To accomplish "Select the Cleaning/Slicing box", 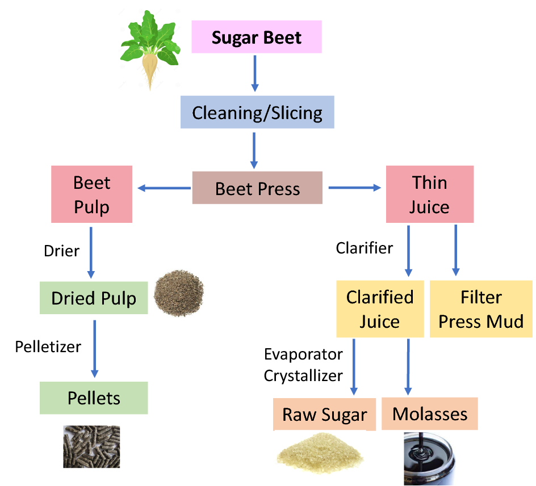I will pyautogui.click(x=257, y=112).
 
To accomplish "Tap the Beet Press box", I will pyautogui.click(x=257, y=188).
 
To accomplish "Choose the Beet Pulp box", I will pyautogui.click(x=91, y=194).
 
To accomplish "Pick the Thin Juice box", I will pyautogui.click(x=429, y=194).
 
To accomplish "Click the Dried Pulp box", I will pyautogui.click(x=94, y=298).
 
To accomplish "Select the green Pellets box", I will pyautogui.click(x=94, y=398).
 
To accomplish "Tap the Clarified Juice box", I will pyautogui.click(x=380, y=308).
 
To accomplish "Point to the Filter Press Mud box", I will pyautogui.click(x=481, y=308).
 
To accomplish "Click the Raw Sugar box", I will pyautogui.click(x=324, y=414).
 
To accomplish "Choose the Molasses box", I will pyautogui.click(x=430, y=413).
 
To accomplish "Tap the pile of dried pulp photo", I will pyautogui.click(x=179, y=293).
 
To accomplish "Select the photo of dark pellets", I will pyautogui.click(x=91, y=446).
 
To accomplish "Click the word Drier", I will pyautogui.click(x=61, y=250).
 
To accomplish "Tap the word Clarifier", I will pyautogui.click(x=364, y=248).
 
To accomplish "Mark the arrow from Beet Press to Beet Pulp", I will pyautogui.click(x=164, y=188).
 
